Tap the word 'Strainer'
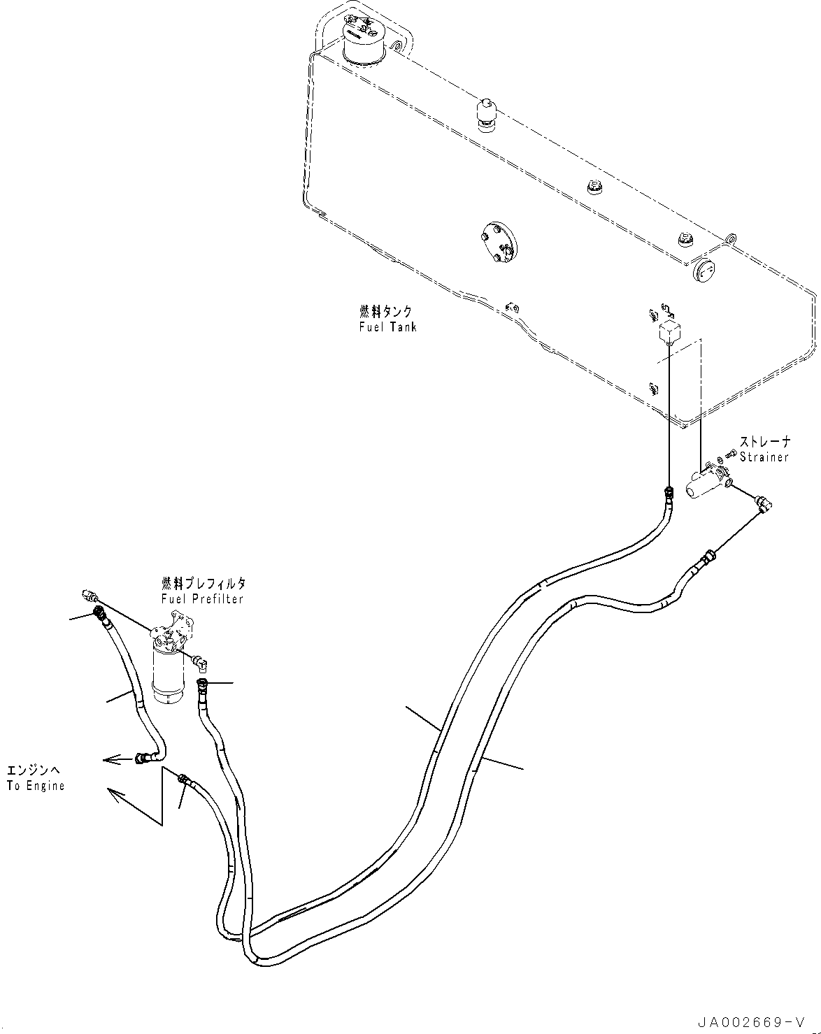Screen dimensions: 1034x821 pyautogui.click(x=764, y=457)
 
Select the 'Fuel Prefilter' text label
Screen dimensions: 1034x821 pyautogui.click(x=202, y=599)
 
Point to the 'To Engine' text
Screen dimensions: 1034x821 pyautogui.click(x=36, y=785)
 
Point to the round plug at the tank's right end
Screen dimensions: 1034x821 pyautogui.click(x=706, y=271)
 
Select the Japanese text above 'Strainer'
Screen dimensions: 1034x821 pyautogui.click(x=765, y=442)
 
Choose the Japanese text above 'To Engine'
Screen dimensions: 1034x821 pyautogui.click(x=34, y=770)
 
